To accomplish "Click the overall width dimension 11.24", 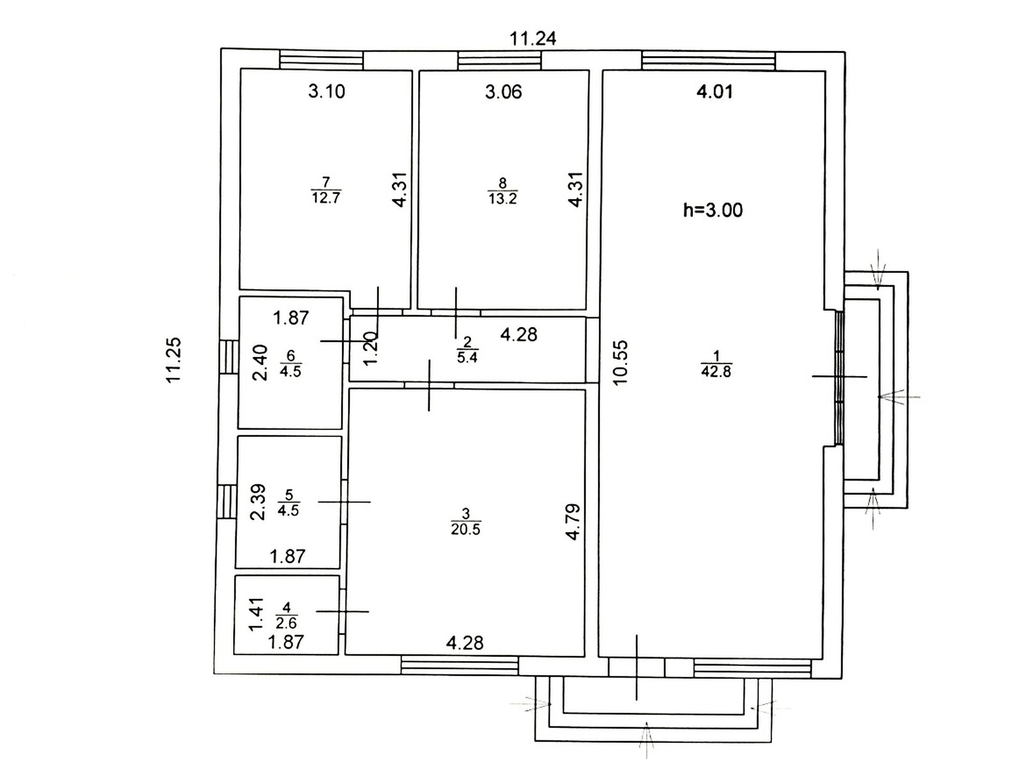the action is pyautogui.click(x=533, y=38).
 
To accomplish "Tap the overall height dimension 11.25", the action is pyautogui.click(x=174, y=360).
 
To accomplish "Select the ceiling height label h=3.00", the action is pyautogui.click(x=713, y=210).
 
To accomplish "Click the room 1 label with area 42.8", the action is pyautogui.click(x=716, y=364).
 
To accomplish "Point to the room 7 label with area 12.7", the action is pyautogui.click(x=326, y=190).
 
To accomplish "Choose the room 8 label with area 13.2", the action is pyautogui.click(x=502, y=191).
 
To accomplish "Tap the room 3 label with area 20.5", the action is pyautogui.click(x=465, y=521).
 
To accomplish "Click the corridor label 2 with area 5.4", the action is pyautogui.click(x=468, y=349).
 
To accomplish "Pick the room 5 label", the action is pyautogui.click(x=288, y=502).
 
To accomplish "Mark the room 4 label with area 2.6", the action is pyautogui.click(x=287, y=615).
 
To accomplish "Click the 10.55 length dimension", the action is pyautogui.click(x=620, y=363).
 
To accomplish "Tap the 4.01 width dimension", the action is pyautogui.click(x=715, y=92).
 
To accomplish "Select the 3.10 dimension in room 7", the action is pyautogui.click(x=327, y=91).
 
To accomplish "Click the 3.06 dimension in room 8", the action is pyautogui.click(x=503, y=92).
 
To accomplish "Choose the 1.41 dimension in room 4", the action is pyautogui.click(x=256, y=614).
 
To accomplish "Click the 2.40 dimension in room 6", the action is pyautogui.click(x=260, y=363).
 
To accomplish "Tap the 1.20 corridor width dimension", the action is pyautogui.click(x=371, y=348).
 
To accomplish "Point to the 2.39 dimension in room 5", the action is pyautogui.click(x=258, y=502).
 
